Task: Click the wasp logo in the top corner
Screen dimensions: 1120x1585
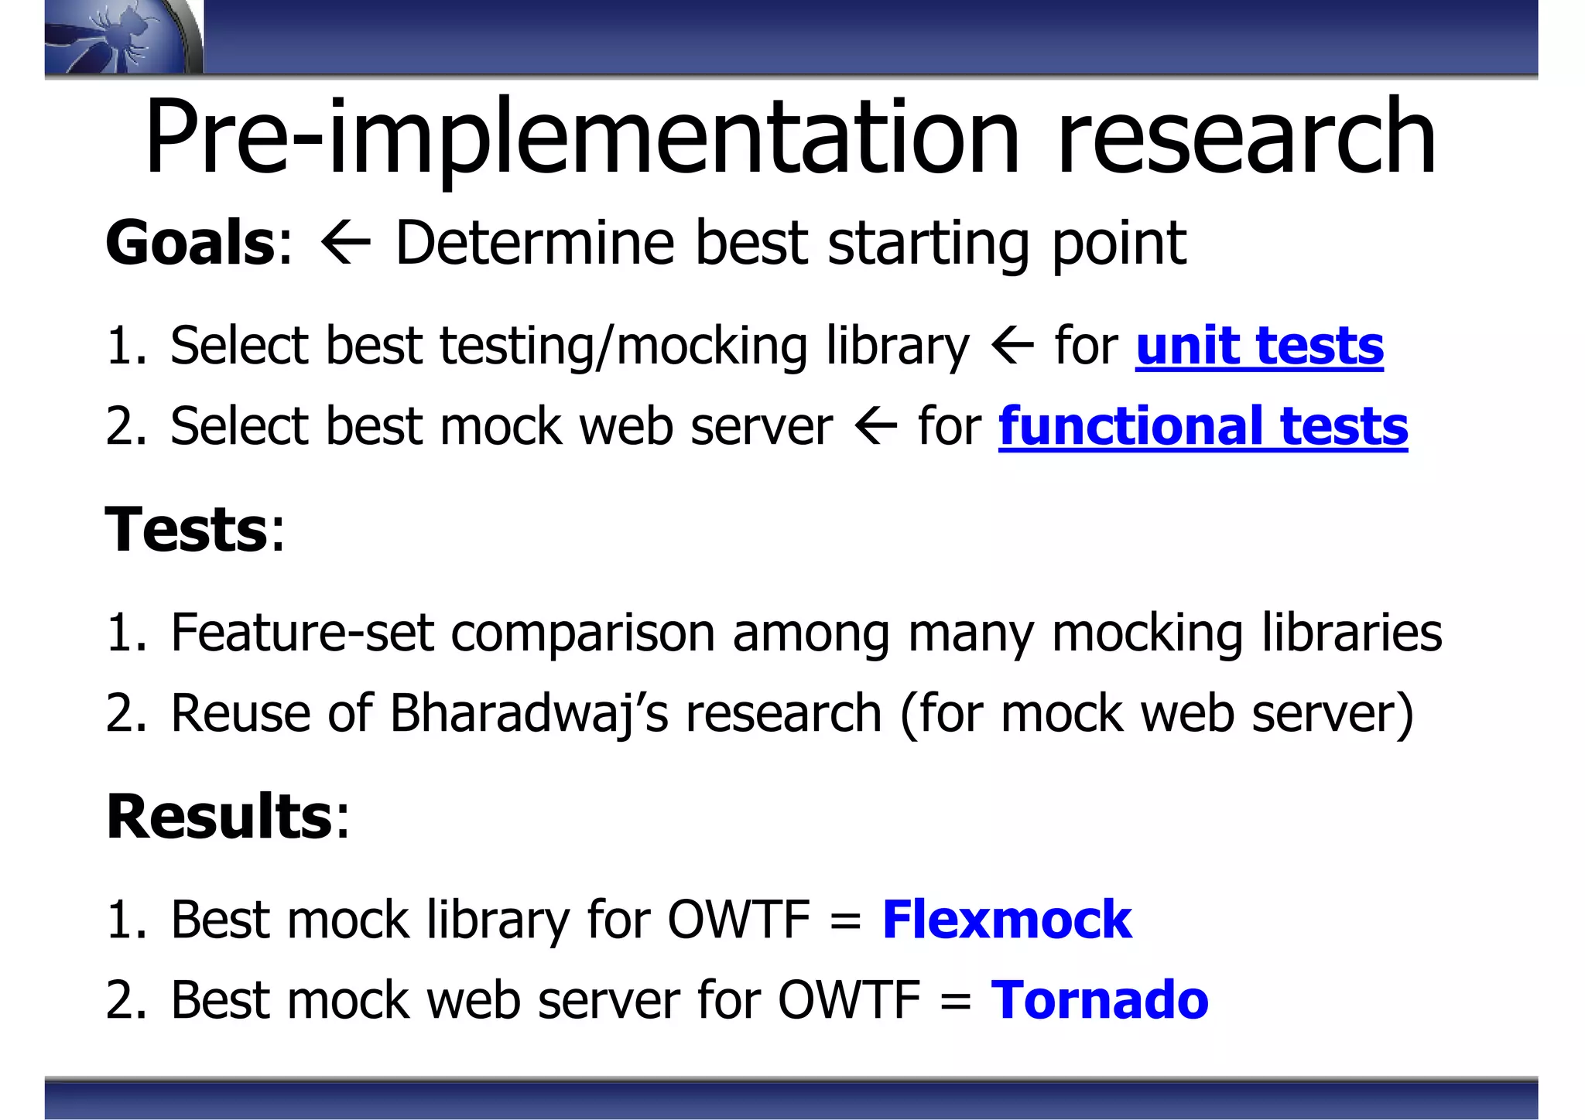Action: [x=120, y=37]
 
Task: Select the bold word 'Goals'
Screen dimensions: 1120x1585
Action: [x=190, y=243]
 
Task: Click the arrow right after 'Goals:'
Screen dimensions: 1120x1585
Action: [x=345, y=244]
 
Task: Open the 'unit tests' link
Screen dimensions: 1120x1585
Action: [x=1259, y=346]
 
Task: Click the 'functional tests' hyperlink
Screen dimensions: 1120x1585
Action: [x=1203, y=426]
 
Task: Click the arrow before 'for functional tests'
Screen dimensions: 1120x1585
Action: [x=876, y=427]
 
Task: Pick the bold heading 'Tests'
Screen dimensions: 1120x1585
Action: [x=187, y=529]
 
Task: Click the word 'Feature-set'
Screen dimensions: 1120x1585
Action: [x=302, y=633]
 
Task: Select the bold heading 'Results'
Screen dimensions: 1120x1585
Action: [x=220, y=817]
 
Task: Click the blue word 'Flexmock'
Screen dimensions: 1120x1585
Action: [x=1006, y=920]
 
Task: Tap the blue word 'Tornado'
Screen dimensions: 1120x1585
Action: [x=1099, y=1000]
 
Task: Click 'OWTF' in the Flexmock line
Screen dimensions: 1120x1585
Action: [x=738, y=920]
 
